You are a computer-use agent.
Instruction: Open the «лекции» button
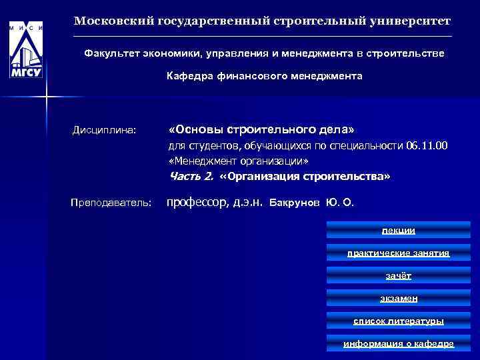(x=398, y=230)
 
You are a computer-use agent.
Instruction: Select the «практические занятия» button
(x=398, y=253)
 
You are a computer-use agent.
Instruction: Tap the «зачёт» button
(x=398, y=275)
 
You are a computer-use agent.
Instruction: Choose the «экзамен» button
(x=398, y=298)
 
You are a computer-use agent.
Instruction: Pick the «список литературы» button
(x=398, y=321)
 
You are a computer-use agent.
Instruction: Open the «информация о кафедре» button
(x=398, y=343)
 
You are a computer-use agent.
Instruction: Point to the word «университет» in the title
(x=411, y=21)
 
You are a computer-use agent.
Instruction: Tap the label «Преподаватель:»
(x=111, y=202)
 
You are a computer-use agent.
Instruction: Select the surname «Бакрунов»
(x=294, y=202)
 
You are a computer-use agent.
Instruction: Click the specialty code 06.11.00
(x=426, y=145)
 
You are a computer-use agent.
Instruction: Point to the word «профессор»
(x=197, y=201)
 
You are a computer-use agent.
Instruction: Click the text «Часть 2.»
(x=191, y=177)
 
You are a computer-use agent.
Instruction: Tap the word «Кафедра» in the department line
(x=189, y=76)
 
